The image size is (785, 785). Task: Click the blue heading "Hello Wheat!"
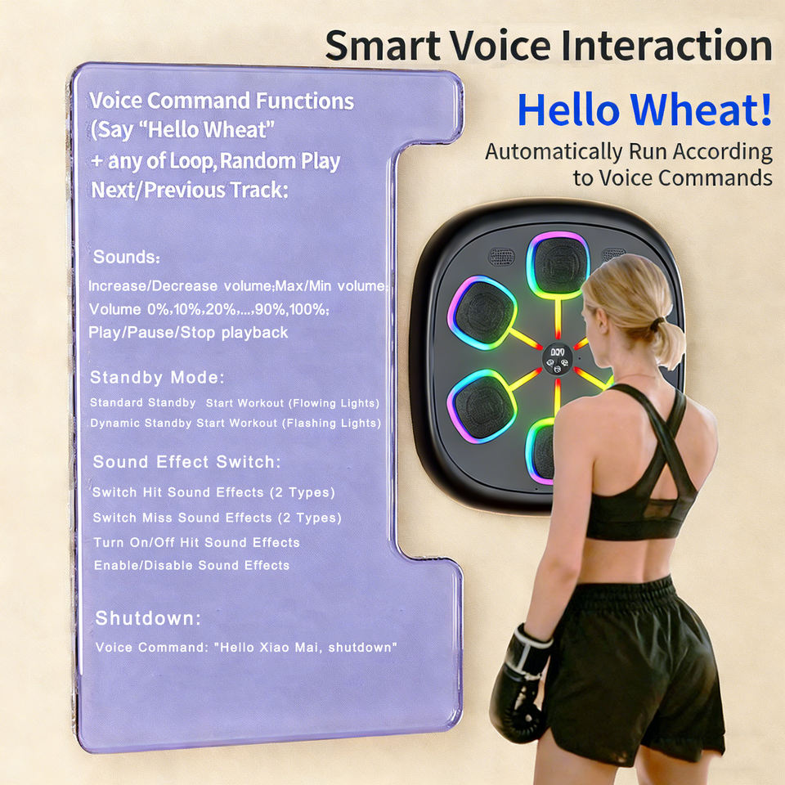[x=645, y=110]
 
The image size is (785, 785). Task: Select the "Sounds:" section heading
[x=127, y=257]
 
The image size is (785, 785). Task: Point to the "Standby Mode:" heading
[x=157, y=377]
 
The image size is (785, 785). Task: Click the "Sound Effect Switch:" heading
[x=186, y=461]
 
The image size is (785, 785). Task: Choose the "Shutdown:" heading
[x=148, y=618]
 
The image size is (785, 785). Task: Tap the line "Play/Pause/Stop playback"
[x=188, y=333]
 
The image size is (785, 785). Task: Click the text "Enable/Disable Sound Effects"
[x=191, y=565]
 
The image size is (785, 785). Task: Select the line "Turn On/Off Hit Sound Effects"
[x=197, y=542]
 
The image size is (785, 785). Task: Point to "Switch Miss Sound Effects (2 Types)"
[x=218, y=518]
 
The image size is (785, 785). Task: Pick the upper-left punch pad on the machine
[x=482, y=312]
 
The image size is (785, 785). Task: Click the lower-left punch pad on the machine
[x=482, y=406]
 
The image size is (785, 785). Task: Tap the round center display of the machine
[x=557, y=358]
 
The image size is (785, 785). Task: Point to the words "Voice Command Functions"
[x=222, y=101]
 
